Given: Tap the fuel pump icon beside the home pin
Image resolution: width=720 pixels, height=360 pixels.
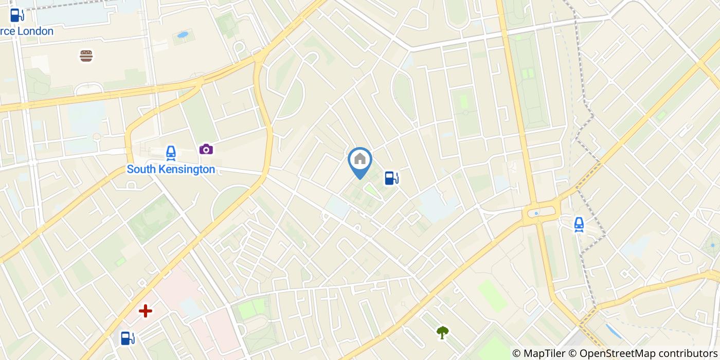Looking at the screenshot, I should pos(392,178).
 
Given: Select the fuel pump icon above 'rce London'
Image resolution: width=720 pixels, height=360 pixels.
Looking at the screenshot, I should pos(17,15).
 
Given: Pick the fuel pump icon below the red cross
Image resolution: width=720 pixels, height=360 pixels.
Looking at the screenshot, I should pos(128,338).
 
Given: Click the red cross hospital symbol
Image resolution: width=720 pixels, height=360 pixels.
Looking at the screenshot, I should pos(146,311).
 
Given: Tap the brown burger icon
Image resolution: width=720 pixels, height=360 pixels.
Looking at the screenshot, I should pos(86,56).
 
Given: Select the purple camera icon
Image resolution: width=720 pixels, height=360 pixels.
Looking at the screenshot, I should pos(206,149).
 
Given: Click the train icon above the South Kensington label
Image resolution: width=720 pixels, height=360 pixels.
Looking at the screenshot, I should pos(171,152).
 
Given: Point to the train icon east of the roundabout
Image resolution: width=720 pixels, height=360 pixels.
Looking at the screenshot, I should pos(579,224).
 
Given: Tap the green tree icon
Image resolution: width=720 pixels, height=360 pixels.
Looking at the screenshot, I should pos(442,332).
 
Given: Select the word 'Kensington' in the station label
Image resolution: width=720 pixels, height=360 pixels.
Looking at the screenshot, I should pos(186,169).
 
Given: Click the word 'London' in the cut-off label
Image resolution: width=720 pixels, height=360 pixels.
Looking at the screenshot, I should pos(35,31).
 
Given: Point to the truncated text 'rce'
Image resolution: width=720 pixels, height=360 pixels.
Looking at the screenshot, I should pos(7,31).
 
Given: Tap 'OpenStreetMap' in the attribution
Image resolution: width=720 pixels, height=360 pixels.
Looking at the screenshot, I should pos(615,353).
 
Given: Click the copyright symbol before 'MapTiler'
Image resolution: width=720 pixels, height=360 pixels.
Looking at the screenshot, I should pos(516,353).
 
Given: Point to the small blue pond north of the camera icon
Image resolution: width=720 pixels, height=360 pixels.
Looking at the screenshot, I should pos(183,35).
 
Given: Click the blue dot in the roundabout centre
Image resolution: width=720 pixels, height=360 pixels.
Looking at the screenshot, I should pos(536,213).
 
